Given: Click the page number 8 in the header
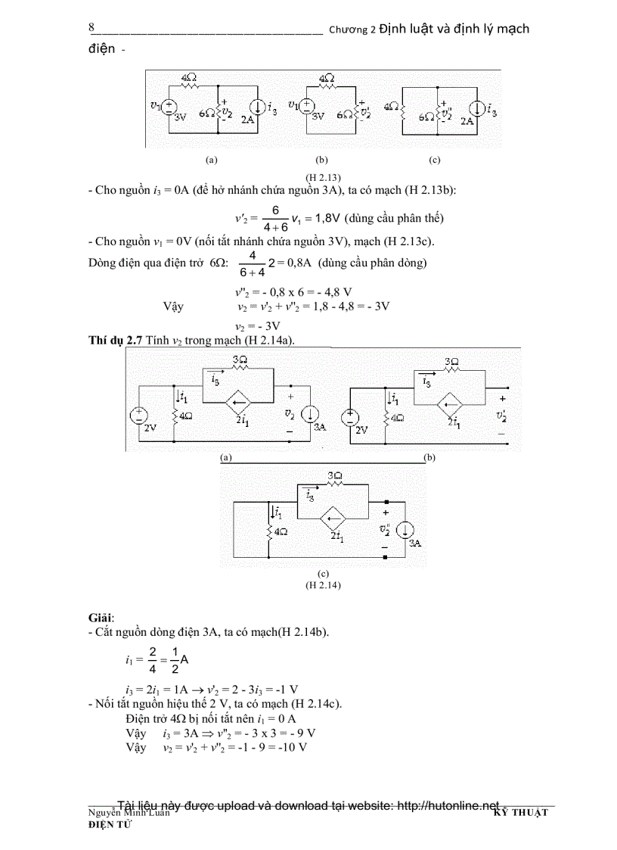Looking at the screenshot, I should pyautogui.click(x=91, y=28).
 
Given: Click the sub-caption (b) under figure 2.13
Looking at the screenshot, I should pyautogui.click(x=321, y=160).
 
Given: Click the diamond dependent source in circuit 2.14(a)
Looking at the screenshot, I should pyautogui.click(x=240, y=400).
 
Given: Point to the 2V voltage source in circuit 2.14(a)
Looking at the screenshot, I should pyautogui.click(x=141, y=415).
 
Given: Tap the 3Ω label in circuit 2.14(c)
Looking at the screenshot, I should pyautogui.click(x=334, y=476).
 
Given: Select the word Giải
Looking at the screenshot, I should pyautogui.click(x=101, y=618).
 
